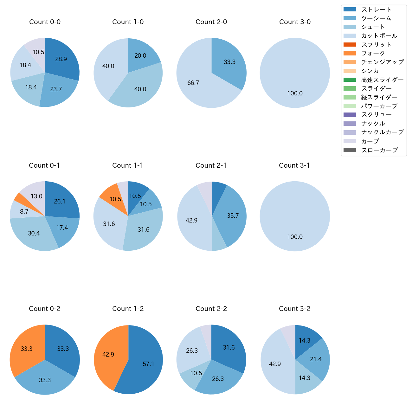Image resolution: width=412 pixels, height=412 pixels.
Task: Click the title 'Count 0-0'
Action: (x=45, y=22)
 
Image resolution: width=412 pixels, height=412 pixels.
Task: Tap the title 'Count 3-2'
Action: (x=294, y=309)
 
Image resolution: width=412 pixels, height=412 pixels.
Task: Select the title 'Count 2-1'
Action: (x=211, y=165)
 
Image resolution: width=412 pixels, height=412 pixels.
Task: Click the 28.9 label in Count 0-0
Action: (x=61, y=59)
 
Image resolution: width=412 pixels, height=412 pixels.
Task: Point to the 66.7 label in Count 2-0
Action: (x=193, y=83)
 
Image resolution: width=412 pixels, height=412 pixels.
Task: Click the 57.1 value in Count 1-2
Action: (x=148, y=364)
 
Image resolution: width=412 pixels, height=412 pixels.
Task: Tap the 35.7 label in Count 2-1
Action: (x=233, y=216)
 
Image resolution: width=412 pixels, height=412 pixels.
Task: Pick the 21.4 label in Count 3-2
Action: (x=316, y=359)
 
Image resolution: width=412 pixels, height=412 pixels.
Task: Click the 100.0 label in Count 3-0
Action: (x=295, y=93)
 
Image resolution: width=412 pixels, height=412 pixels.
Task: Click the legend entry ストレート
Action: (x=376, y=10)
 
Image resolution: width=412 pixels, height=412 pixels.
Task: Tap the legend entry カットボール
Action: (x=379, y=36)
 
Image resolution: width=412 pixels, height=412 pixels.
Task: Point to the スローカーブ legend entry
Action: (x=379, y=150)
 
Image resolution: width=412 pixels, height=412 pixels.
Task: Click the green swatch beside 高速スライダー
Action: (x=350, y=80)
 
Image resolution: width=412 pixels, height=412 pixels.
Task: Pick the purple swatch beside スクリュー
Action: (x=350, y=115)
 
